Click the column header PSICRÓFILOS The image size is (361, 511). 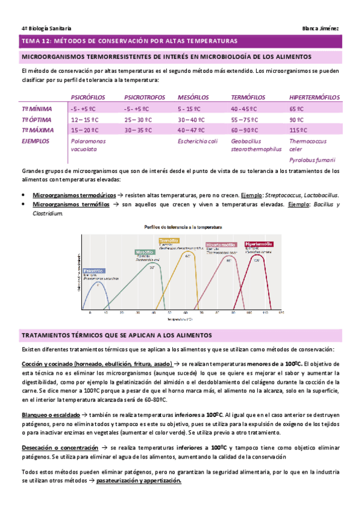pyautogui.click(x=88, y=97)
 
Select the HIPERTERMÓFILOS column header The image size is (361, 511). pyautogui.click(x=313, y=97)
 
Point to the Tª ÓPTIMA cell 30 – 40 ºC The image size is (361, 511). pyautogui.click(x=193, y=119)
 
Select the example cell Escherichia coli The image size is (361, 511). pyautogui.click(x=197, y=142)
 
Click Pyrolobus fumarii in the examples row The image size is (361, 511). pyautogui.click(x=312, y=160)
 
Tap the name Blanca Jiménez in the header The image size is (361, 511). pyautogui.click(x=322, y=28)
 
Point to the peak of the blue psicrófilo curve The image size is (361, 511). pyautogui.click(x=98, y=283)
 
